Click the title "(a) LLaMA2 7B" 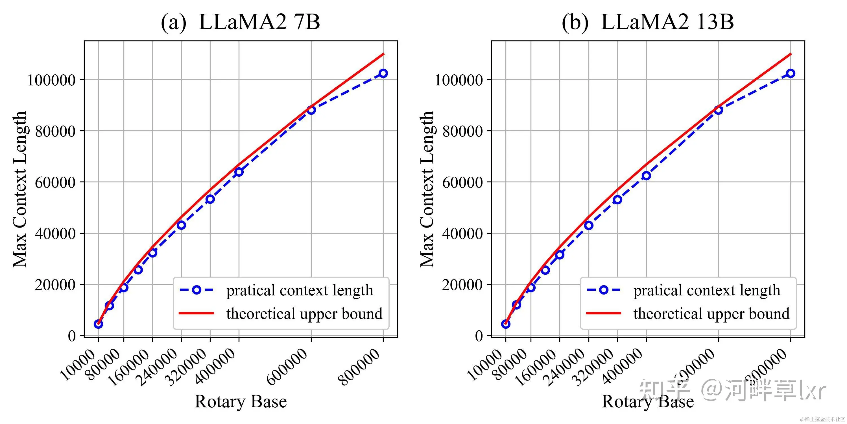240,22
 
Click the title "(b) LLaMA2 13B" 647,22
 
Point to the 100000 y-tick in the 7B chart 51,80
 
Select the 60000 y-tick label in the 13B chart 462,182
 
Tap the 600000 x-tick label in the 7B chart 287,367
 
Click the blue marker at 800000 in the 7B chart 383,73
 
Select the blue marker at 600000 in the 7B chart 311,110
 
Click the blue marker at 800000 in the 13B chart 791,73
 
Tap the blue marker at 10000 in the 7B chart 98,324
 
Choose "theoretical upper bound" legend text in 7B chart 304,314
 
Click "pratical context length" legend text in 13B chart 707,290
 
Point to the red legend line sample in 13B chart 603,313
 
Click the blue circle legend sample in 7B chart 196,290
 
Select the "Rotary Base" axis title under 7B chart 241,402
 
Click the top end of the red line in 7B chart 383,54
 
